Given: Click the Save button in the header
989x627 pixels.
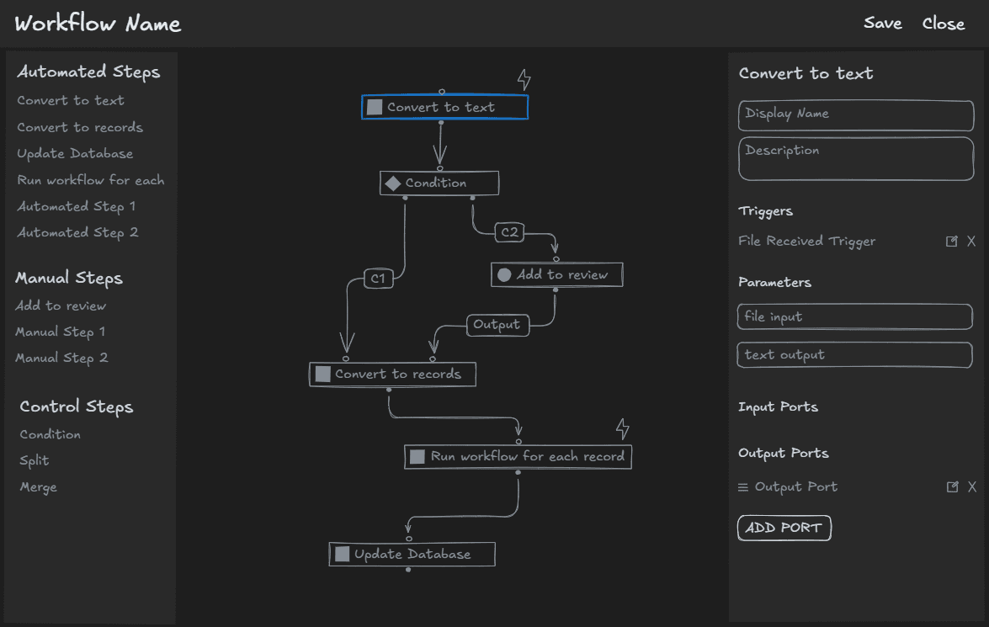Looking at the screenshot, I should [882, 24].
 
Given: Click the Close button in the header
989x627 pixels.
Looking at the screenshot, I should [943, 24].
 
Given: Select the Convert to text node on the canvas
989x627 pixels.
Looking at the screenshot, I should [444, 107].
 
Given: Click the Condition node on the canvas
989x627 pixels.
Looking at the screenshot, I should [439, 183].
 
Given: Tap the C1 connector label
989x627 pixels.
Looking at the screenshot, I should [379, 279].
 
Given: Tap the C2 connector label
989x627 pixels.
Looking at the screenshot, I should [509, 232].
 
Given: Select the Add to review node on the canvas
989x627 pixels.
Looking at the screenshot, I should [556, 274].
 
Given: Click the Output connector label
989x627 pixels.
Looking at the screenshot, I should [497, 325].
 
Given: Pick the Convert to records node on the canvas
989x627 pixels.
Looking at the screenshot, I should [392, 374].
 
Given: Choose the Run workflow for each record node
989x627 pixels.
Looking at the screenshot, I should [518, 456].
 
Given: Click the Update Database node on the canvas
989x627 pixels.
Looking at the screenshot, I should [412, 554].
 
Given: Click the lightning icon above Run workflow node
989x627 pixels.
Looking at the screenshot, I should [622, 428].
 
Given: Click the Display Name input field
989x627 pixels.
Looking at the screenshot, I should [855, 114].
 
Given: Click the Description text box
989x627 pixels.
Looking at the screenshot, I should [855, 158].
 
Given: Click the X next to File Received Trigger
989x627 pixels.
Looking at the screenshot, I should [971, 242].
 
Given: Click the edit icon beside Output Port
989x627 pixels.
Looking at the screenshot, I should [952, 487].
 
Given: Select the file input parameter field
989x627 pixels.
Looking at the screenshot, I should [853, 316].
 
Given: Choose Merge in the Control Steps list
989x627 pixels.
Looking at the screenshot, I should [39, 487].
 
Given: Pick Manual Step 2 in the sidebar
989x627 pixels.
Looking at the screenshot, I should [61, 358].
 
